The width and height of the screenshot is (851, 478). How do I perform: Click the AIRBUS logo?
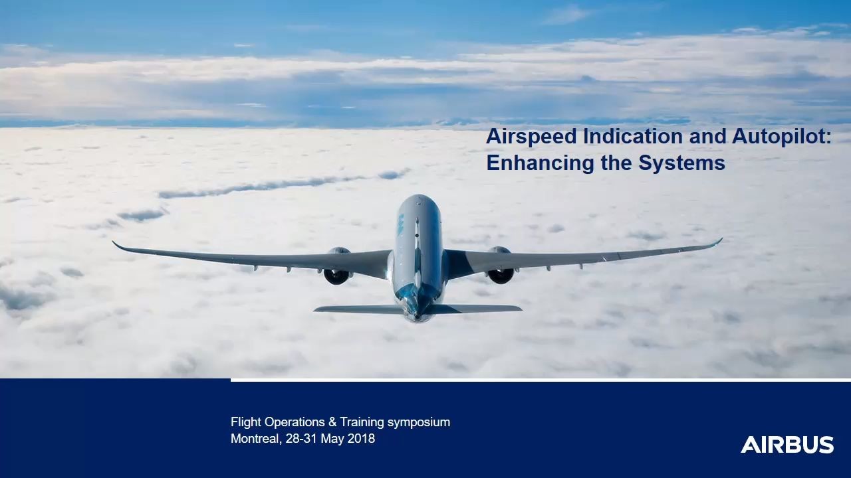pos(787,445)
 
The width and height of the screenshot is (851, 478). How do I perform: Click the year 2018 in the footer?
pos(361,439)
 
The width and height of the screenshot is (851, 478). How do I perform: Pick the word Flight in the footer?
pos(246,422)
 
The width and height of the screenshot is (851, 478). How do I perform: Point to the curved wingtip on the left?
pos(118,246)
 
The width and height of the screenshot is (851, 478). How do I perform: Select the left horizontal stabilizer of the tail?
pos(352,309)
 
